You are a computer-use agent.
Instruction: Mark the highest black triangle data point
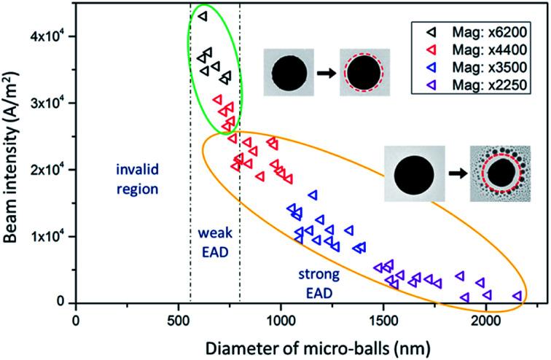[x=203, y=15]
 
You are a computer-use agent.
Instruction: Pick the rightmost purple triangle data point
[x=517, y=296]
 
